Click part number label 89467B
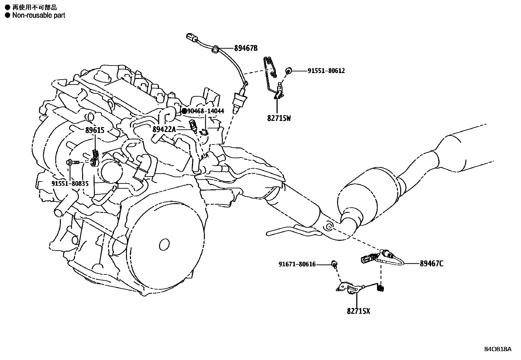pyautogui.click(x=246, y=48)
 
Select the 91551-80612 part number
pyautogui.click(x=326, y=71)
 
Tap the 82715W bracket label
pyautogui.click(x=279, y=118)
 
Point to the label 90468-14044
pyautogui.click(x=206, y=111)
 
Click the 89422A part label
pyautogui.click(x=164, y=130)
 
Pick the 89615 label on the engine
pyautogui.click(x=95, y=131)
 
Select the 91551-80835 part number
pyautogui.click(x=70, y=184)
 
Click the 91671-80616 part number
pyautogui.click(x=297, y=264)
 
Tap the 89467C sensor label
pyautogui.click(x=432, y=264)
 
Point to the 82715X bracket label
pyautogui.click(x=358, y=311)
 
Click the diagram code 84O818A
pyautogui.click(x=497, y=349)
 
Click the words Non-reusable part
pyautogui.click(x=39, y=15)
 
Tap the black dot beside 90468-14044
pyautogui.click(x=184, y=111)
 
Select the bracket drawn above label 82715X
pyautogui.click(x=350, y=288)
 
